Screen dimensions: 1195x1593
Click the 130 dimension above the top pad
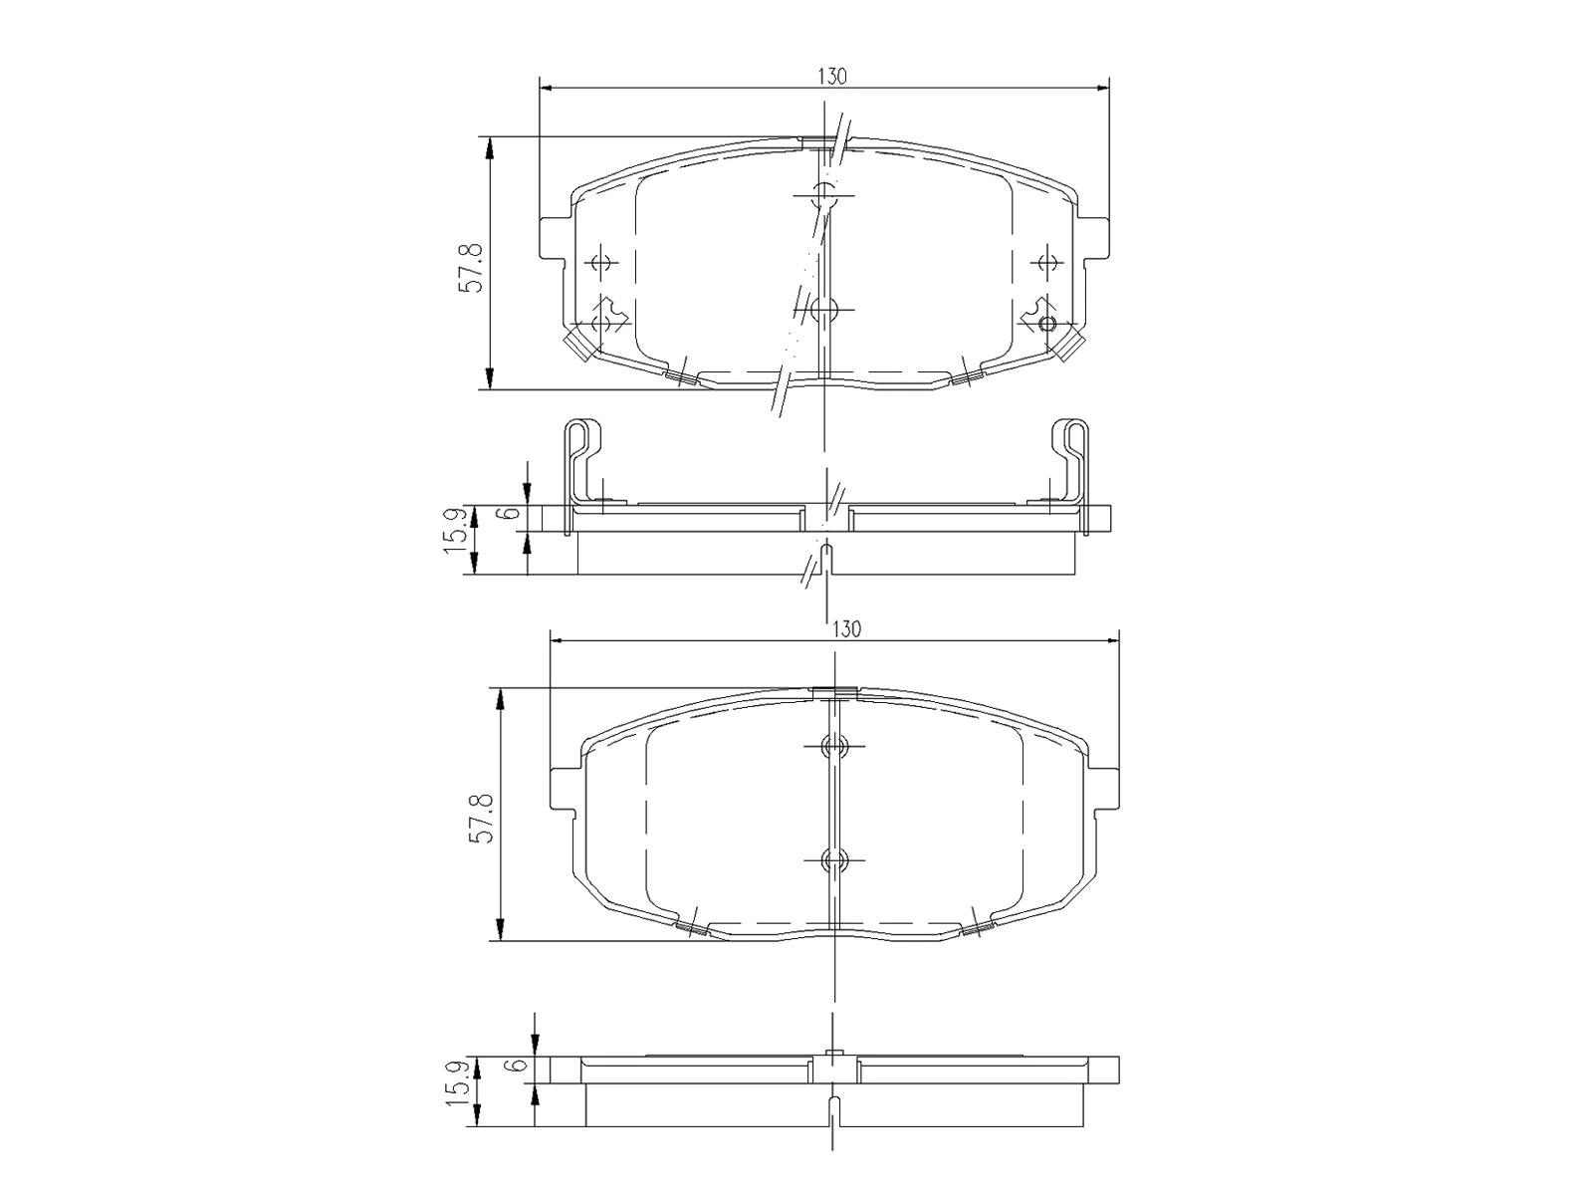832,77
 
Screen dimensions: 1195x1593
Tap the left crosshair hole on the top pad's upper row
599,263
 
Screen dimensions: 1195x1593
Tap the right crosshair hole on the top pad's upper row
1045,263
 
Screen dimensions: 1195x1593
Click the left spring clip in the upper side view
584,458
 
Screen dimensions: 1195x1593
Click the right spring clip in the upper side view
1071,458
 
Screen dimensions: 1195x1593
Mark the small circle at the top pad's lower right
1045,324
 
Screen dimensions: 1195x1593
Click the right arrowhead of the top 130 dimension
1102,89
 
